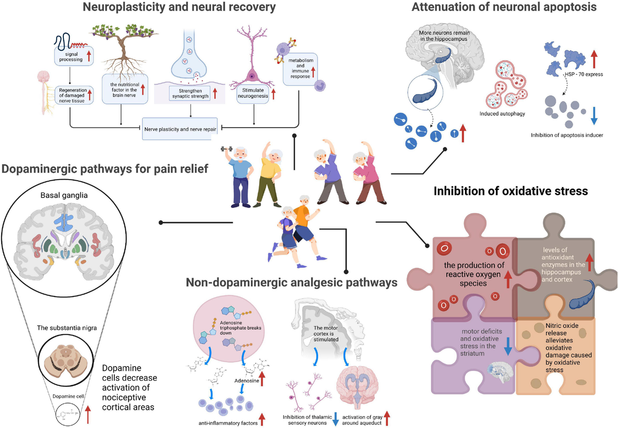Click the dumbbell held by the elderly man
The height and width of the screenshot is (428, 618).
(x=226, y=149)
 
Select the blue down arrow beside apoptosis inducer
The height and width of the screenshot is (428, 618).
(x=594, y=115)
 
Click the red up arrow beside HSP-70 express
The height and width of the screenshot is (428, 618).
(x=594, y=59)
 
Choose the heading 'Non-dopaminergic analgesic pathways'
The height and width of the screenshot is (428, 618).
(x=292, y=282)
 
